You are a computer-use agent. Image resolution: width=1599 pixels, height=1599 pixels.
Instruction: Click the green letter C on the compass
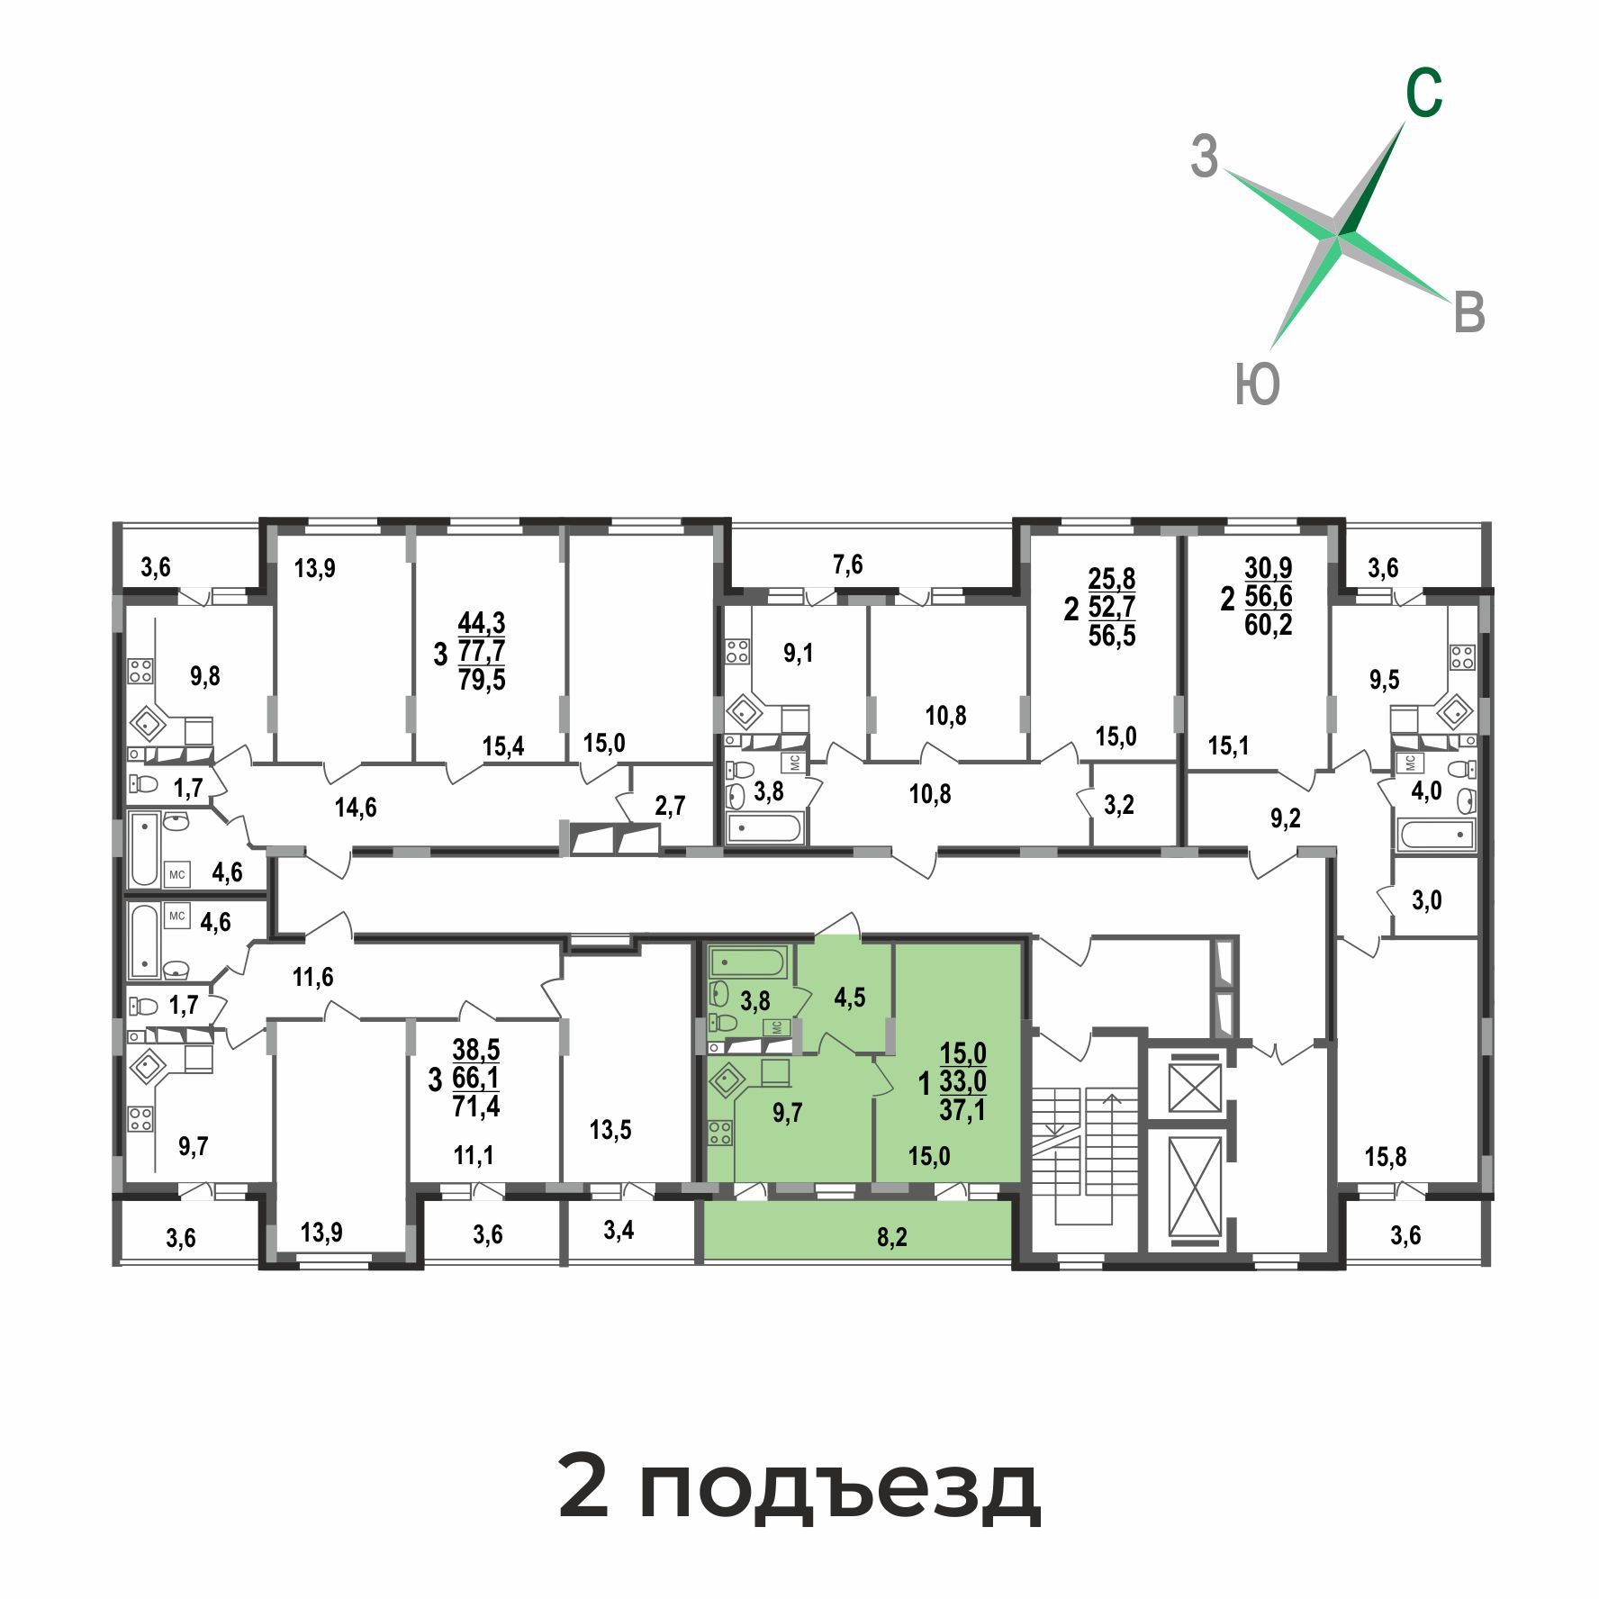pos(1424,93)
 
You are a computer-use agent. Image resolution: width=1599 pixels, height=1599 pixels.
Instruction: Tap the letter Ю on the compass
pos(1257,384)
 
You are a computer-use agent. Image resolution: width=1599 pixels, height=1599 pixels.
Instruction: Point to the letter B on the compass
pos(1469,313)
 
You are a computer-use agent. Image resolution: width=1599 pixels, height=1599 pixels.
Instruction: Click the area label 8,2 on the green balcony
pos(891,1237)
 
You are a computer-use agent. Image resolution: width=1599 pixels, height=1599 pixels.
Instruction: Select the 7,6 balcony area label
pos(847,565)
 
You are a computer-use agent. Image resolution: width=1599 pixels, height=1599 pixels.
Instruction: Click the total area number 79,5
pos(482,679)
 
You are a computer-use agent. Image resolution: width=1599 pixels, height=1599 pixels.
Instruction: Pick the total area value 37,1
pos(962,1109)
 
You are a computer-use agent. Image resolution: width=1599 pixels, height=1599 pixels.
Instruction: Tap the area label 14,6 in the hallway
pos(356,808)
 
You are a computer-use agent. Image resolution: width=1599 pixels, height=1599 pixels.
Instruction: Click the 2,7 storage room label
pos(670,806)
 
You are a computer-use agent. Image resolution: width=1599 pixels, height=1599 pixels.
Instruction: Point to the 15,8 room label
pos(1386,1156)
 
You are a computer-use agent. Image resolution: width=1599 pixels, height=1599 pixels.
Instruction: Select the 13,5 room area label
pos(610,1129)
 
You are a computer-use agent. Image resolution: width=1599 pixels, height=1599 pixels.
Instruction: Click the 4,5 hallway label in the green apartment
pos(850,998)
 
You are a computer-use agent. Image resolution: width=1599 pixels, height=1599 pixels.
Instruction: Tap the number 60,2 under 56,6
pos(1269,624)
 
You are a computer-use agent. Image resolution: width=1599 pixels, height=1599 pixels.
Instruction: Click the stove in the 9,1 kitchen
pos(737,651)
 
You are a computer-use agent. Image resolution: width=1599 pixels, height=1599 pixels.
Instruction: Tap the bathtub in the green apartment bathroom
pos(747,962)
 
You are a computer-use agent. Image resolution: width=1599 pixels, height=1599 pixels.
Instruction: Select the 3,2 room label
pos(1119,805)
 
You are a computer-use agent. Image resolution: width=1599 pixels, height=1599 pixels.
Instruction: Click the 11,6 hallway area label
pos(312,976)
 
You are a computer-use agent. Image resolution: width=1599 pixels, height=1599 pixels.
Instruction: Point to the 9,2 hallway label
pos(1285,818)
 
